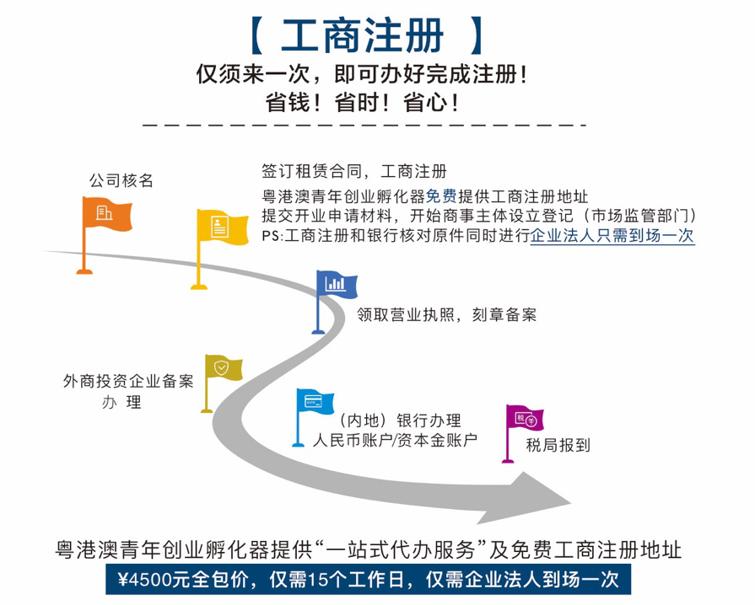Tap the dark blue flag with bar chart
(336, 285)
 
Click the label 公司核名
(121, 179)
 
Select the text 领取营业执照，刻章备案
(446, 315)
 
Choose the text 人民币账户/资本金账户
(395, 440)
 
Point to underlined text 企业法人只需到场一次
(612, 236)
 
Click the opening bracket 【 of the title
(261, 36)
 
